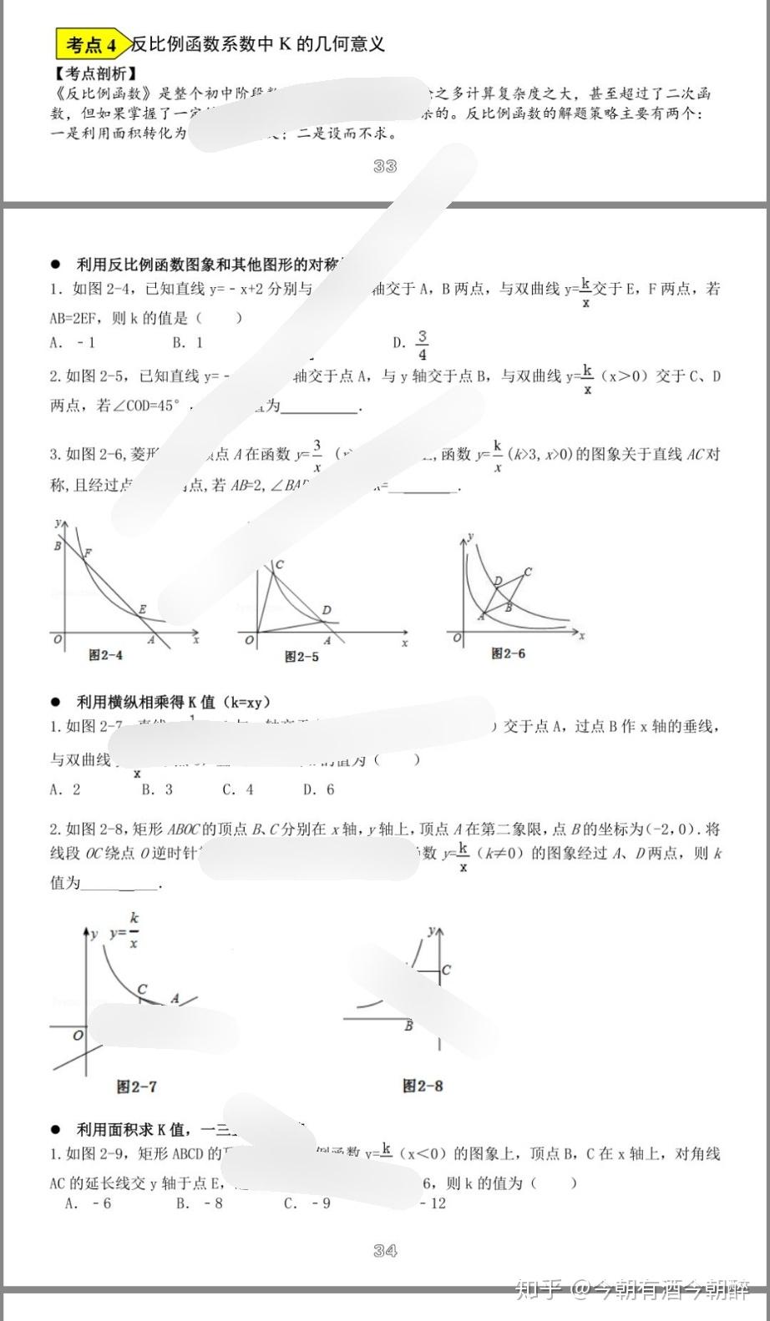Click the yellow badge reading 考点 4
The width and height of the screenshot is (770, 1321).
click(92, 44)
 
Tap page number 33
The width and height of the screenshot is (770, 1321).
click(385, 166)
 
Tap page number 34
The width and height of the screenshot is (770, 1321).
click(385, 1250)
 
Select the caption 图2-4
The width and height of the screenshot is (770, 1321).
click(106, 656)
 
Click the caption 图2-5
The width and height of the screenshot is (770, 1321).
click(301, 657)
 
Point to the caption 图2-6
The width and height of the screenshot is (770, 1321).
click(509, 653)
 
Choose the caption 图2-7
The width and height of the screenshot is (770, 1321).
click(137, 1087)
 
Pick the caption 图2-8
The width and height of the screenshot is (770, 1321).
click(423, 1086)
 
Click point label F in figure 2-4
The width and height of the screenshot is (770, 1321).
click(88, 553)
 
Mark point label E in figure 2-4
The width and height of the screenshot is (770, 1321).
click(142, 610)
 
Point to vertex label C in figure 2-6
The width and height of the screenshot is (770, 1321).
click(527, 572)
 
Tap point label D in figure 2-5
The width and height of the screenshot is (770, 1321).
click(327, 610)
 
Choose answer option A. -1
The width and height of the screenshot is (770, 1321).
click(73, 343)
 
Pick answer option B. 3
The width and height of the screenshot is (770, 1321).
click(157, 789)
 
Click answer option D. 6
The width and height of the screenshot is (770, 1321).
click(318, 789)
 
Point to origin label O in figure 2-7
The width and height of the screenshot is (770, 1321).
click(78, 1036)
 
